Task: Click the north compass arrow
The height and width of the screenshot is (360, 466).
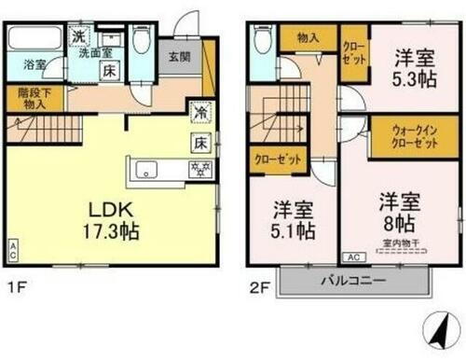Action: pos(434,326)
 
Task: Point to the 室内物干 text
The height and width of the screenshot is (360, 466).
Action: pos(399,244)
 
